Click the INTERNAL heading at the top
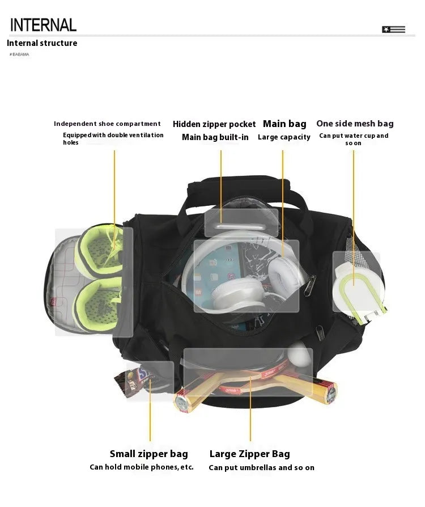pos(43,24)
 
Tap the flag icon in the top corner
pos(393,29)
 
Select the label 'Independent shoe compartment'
pos(107,124)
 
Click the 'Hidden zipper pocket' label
pos(214,124)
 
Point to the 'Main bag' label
pos(284,124)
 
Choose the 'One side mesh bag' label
pos(355,124)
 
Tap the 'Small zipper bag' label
pos(148,454)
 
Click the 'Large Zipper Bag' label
pos(249,454)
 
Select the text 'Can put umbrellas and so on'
pos(261,468)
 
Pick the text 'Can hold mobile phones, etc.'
pos(142,467)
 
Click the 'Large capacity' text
pos(284,137)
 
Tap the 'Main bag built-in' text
pos(215,137)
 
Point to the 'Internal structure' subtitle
pos(42,43)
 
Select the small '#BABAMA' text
pos(19,54)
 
